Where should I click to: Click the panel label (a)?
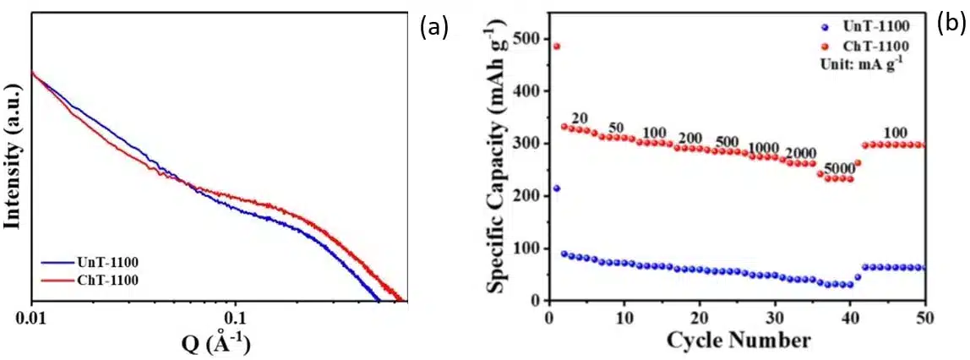click(x=433, y=28)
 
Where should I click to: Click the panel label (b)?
click(x=951, y=25)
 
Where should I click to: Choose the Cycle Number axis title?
click(x=738, y=341)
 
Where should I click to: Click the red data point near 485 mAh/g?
click(x=556, y=46)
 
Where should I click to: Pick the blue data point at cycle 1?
click(x=556, y=188)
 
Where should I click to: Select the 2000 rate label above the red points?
click(x=801, y=153)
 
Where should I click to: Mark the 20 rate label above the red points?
click(x=579, y=117)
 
